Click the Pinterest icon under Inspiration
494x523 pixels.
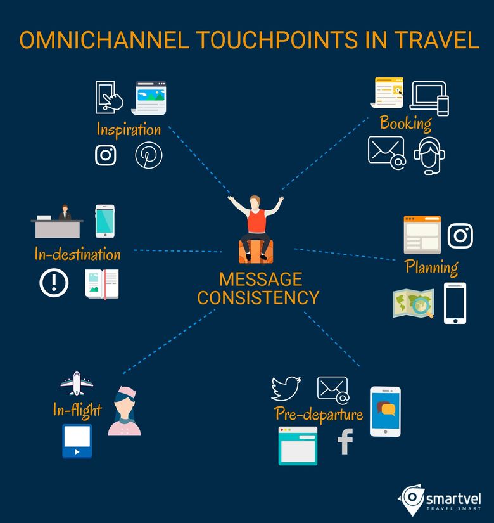149,155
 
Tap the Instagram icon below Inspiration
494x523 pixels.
106,155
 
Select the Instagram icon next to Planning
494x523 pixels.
460,236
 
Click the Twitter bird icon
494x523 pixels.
286,389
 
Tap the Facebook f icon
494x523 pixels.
345,441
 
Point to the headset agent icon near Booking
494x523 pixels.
429,156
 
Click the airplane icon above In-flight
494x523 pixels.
77,384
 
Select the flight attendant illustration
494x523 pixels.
125,411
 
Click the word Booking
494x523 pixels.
406,124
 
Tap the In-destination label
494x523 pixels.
77,254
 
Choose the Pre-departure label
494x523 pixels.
319,414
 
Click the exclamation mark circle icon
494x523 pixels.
54,283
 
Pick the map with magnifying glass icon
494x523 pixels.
414,303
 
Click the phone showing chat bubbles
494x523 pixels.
386,411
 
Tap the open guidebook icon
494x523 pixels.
102,284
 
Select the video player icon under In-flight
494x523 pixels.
77,441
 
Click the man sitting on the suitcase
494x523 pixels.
256,229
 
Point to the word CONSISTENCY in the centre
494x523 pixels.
258,297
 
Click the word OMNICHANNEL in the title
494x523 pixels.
104,40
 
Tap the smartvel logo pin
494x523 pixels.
411,499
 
